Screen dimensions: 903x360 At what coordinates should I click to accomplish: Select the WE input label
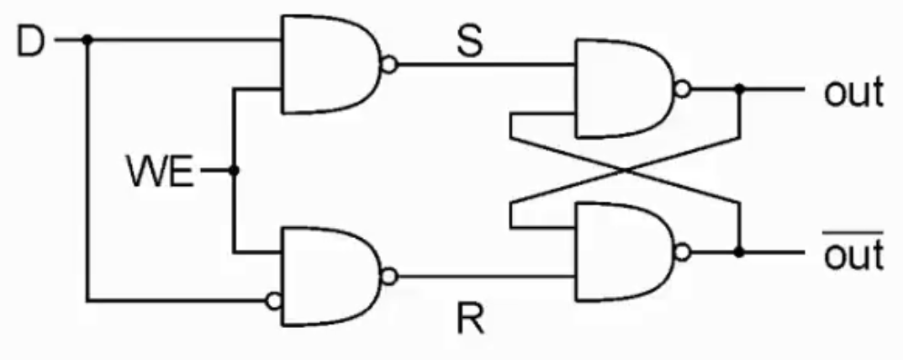pyautogui.click(x=160, y=172)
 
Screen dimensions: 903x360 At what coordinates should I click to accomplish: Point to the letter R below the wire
pyautogui.click(x=470, y=319)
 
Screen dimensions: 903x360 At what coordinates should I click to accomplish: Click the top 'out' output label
pyautogui.click(x=853, y=92)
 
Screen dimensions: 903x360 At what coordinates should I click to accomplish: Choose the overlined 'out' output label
pyautogui.click(x=853, y=253)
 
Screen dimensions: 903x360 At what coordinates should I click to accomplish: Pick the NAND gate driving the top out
pyautogui.click(x=622, y=88)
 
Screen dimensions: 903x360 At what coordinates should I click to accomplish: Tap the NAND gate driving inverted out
pyautogui.click(x=622, y=251)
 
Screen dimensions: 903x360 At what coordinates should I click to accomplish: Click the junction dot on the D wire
pyautogui.click(x=87, y=40)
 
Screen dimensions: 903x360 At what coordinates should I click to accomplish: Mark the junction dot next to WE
pyautogui.click(x=235, y=171)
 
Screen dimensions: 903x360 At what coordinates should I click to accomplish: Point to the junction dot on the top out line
pyautogui.click(x=739, y=88)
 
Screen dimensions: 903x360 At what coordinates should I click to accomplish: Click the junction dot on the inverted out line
pyautogui.click(x=739, y=251)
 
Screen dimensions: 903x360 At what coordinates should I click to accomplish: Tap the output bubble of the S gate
pyautogui.click(x=389, y=64)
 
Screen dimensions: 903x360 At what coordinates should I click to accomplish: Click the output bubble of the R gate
pyautogui.click(x=389, y=275)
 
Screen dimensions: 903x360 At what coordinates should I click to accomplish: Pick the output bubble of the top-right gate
pyautogui.click(x=684, y=88)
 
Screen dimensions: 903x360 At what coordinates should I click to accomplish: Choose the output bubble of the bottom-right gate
pyautogui.click(x=684, y=251)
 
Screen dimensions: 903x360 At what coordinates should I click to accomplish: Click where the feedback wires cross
pyautogui.click(x=625, y=170)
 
